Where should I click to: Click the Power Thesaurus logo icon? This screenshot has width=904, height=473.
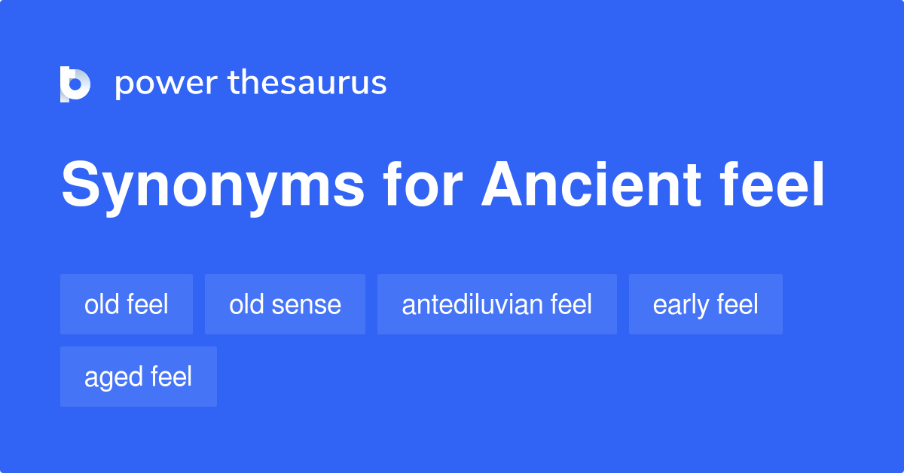click(x=75, y=84)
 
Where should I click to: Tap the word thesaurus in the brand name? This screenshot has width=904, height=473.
click(x=307, y=84)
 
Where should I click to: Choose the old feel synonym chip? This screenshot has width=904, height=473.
click(x=127, y=304)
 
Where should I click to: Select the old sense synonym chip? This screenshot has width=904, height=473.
click(x=285, y=304)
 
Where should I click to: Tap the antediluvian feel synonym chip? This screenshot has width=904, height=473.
click(x=497, y=304)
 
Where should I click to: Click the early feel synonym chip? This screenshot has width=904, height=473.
click(x=706, y=304)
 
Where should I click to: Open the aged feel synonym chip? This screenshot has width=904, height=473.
click(x=139, y=377)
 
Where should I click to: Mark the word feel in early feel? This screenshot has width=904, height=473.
click(x=738, y=304)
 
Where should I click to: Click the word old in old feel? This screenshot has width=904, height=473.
click(x=100, y=304)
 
